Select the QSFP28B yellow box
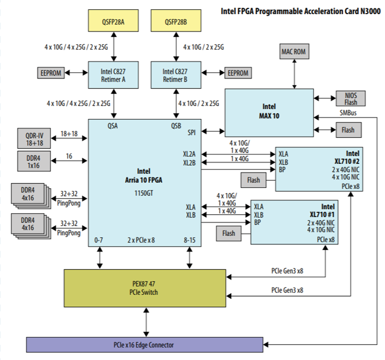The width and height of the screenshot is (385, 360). coord(175,22)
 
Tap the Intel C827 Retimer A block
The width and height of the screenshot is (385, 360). coord(114,73)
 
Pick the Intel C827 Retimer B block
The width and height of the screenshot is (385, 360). coord(175,73)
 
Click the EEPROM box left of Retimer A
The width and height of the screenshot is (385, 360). coord(50,73)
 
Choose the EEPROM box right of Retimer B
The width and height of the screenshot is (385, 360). coord(238,73)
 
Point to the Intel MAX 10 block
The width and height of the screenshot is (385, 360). coord(269,110)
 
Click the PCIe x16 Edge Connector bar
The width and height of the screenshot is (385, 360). coord(144,345)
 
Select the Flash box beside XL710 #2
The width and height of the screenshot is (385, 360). coord(253,179)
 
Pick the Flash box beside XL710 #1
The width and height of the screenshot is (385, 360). coord(228,232)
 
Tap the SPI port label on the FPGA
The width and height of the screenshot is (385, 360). coord(191,132)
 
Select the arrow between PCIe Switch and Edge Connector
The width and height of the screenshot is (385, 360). coord(146,322)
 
